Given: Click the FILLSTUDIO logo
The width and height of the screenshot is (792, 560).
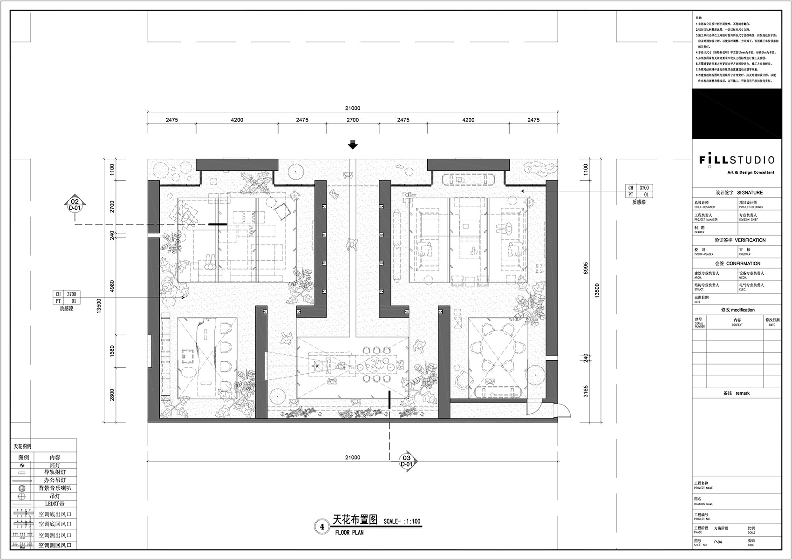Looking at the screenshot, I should (x=737, y=160).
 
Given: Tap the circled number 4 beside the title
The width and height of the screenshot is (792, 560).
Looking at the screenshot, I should (x=321, y=527).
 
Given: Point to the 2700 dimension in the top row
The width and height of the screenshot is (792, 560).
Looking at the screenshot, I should (x=353, y=120).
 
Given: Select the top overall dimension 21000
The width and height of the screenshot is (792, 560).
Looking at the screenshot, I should (x=353, y=108).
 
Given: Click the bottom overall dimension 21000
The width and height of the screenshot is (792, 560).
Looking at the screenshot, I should (x=353, y=458).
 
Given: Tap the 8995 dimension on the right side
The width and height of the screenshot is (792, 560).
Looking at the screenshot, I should (x=586, y=268).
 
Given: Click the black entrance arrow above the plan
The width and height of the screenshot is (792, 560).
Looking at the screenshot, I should (x=353, y=145).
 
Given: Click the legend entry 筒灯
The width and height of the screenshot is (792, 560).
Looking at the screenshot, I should (x=55, y=466).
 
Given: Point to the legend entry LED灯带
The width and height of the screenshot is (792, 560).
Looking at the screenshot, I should (x=55, y=504).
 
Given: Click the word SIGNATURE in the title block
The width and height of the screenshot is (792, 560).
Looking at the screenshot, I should (x=750, y=193).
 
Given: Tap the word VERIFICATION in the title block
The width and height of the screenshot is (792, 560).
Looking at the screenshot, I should (x=750, y=240).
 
